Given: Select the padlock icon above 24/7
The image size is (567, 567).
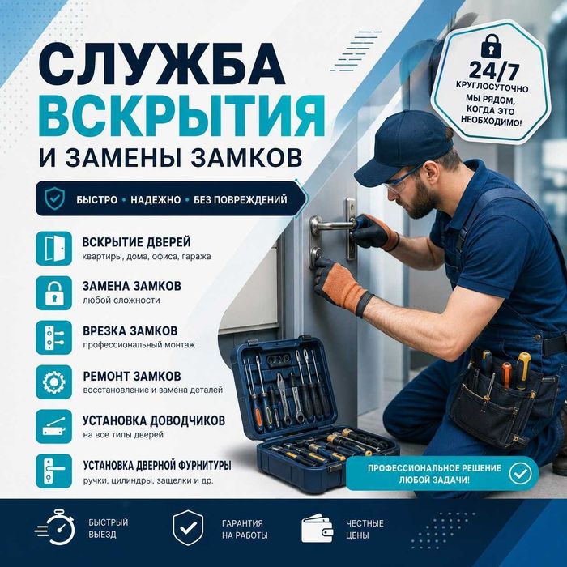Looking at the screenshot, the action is (x=492, y=45).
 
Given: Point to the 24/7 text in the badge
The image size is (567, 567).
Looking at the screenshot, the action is (x=494, y=70).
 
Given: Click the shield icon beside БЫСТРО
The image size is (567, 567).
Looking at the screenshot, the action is (x=54, y=198).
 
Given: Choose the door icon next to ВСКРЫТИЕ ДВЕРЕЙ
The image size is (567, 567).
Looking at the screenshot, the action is (x=54, y=249).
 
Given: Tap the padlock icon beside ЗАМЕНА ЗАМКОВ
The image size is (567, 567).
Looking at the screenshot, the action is (x=54, y=293).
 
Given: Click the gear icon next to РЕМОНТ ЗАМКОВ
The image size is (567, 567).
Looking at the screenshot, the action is (x=54, y=382).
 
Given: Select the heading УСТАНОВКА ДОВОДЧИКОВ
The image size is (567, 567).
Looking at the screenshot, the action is (x=154, y=420).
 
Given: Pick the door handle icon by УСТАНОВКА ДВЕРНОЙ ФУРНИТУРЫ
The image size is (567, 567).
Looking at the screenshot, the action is (x=54, y=471).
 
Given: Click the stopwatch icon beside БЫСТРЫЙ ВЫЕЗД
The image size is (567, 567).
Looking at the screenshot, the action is (x=55, y=527).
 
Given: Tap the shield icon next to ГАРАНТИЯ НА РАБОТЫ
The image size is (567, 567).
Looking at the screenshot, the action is (x=188, y=527).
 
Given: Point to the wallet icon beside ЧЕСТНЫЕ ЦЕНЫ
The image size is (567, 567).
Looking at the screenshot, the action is (x=318, y=528).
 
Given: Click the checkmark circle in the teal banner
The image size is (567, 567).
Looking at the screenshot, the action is (x=520, y=473).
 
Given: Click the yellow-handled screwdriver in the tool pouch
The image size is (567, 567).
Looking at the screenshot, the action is (x=522, y=371).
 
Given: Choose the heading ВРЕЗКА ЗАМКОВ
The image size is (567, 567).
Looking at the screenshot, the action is (x=130, y=330).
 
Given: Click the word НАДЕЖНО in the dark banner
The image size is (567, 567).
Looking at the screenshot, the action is (x=156, y=199).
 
